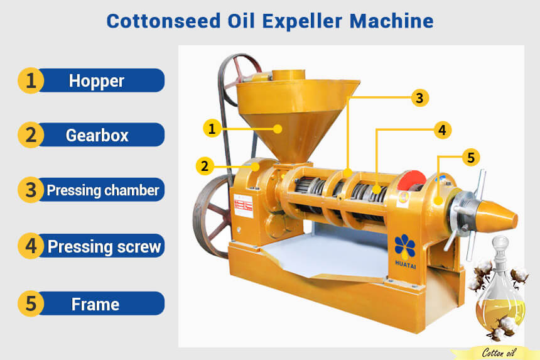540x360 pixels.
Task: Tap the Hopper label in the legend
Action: [97, 81]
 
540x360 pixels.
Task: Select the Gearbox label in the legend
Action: [97, 135]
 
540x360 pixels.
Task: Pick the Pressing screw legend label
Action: [104, 246]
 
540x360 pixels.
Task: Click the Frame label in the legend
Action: [95, 304]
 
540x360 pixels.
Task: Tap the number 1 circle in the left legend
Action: [30, 81]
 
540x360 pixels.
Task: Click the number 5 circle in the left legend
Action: [30, 304]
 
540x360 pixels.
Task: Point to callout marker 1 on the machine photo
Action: [212, 129]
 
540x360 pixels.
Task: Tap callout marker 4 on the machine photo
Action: [442, 130]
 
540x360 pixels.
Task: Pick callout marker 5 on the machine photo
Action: [470, 157]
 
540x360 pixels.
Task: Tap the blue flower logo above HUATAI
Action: [405, 246]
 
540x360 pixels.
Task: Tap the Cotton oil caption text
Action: [499, 352]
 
